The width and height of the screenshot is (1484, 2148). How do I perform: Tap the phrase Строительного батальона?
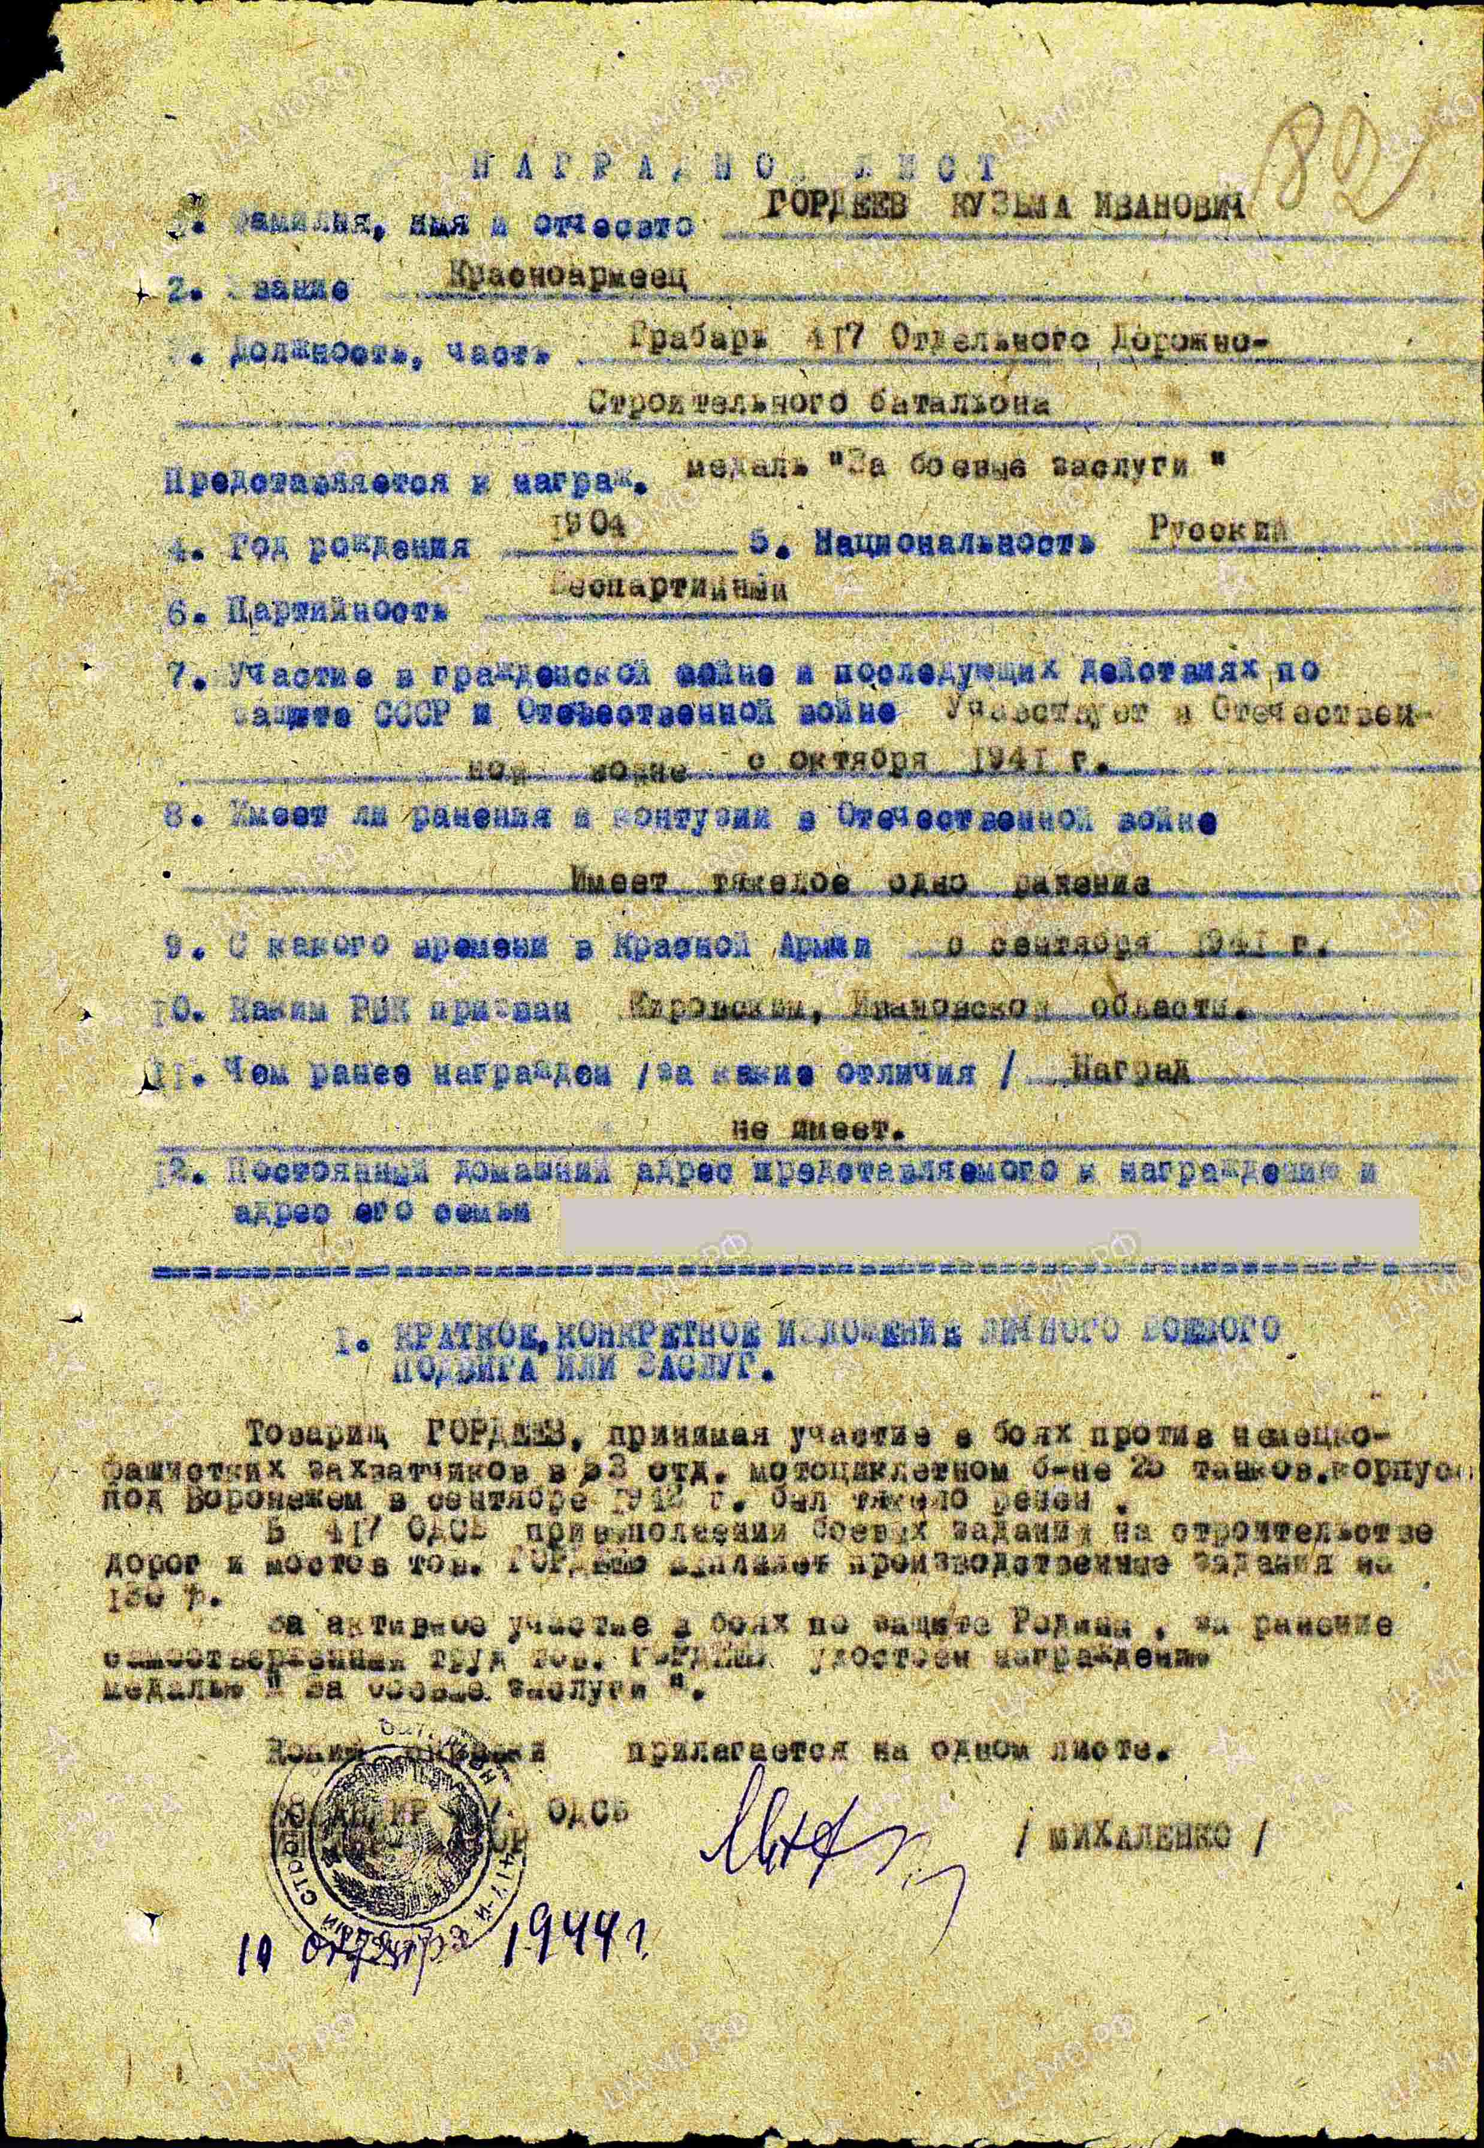click(x=818, y=403)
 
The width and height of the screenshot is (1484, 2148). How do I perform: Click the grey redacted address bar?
click(x=990, y=1223)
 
